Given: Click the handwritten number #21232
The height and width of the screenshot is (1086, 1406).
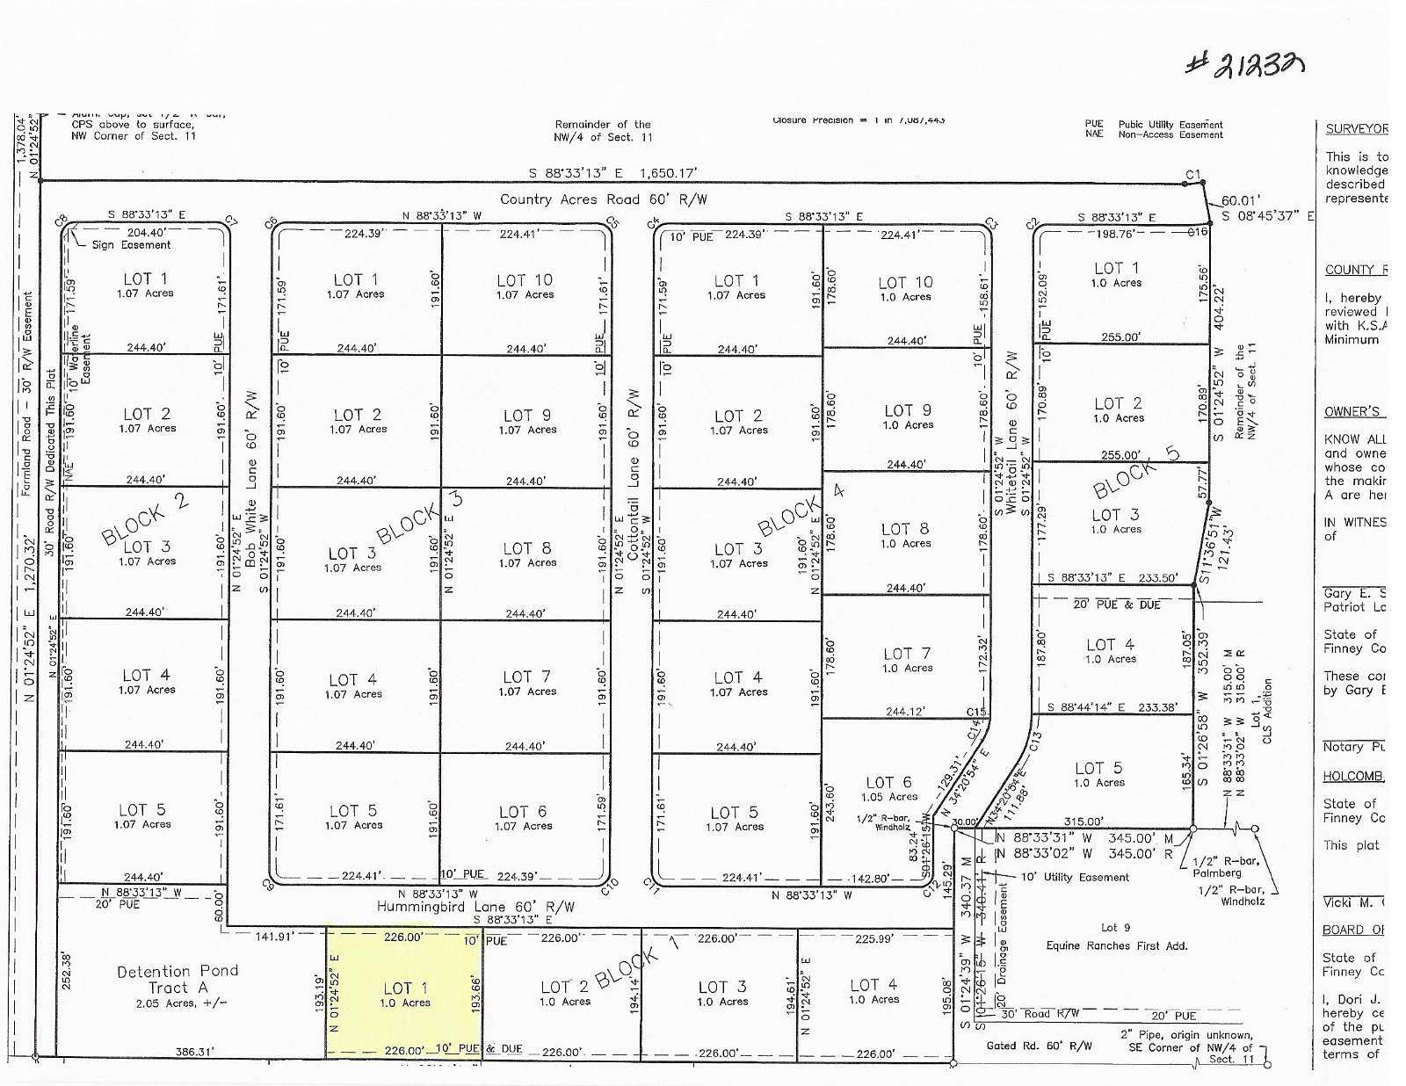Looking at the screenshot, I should (x=1243, y=62).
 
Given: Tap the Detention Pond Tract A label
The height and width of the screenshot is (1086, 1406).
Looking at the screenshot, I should (x=178, y=979).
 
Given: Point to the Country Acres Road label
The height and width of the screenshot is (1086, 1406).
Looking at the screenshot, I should (x=603, y=199).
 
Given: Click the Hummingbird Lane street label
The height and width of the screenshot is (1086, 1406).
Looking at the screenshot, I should (x=475, y=907).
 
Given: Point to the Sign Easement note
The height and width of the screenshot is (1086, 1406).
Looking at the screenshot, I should (x=131, y=245).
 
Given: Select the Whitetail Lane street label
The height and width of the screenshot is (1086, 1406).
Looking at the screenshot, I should (x=1011, y=433).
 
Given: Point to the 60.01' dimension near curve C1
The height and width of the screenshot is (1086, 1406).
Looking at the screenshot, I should (x=1240, y=200).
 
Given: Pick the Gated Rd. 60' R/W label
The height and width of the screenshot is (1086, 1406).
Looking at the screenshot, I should (x=1040, y=1046).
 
